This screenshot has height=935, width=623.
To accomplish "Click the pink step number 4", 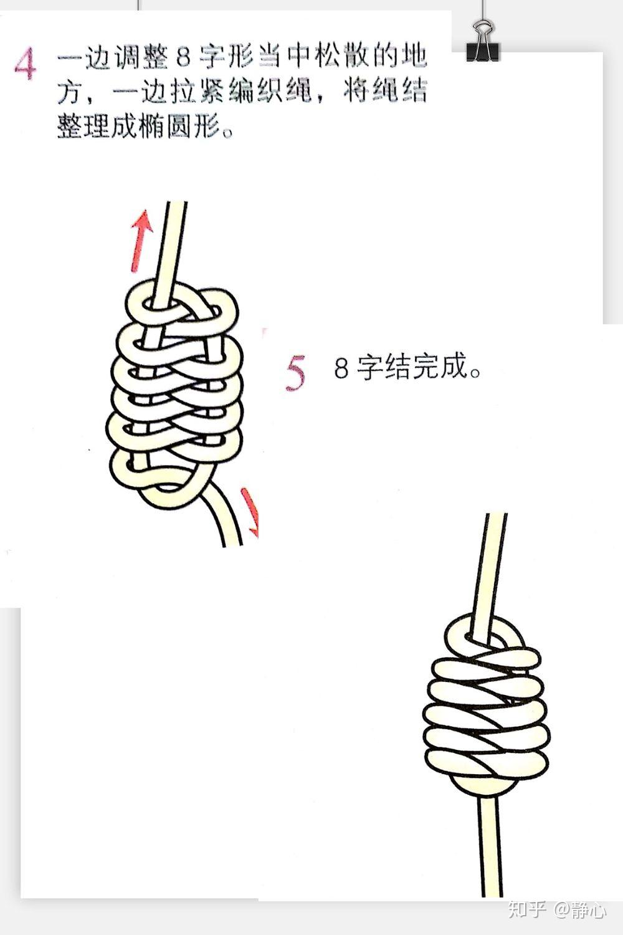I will [25, 65].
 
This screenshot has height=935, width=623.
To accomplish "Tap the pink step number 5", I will [296, 373].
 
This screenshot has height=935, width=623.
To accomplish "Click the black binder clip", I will [483, 41].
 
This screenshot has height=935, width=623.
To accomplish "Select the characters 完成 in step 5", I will [440, 368].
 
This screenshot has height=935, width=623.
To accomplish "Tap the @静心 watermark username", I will [580, 910].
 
